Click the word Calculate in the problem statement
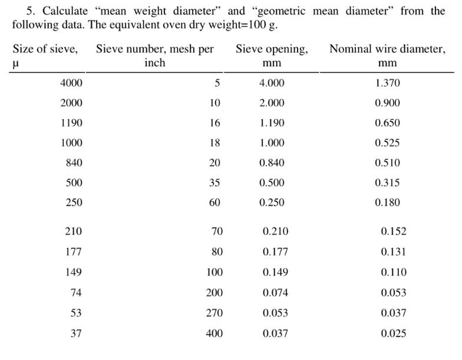point(64,11)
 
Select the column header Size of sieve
point(45,49)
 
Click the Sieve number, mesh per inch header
point(154,55)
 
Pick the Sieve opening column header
point(272,55)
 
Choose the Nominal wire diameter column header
point(387,55)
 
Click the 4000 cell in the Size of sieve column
point(71,84)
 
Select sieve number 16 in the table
point(214,123)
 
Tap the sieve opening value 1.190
point(272,123)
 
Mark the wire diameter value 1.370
point(387,84)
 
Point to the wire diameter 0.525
point(387,143)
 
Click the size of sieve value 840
point(74,163)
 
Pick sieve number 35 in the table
point(214,183)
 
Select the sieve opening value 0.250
point(272,203)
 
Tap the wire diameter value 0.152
point(394,232)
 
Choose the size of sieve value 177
point(73,252)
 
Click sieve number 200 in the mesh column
point(214,293)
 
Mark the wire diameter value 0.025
point(394,333)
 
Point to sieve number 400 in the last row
point(214,333)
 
